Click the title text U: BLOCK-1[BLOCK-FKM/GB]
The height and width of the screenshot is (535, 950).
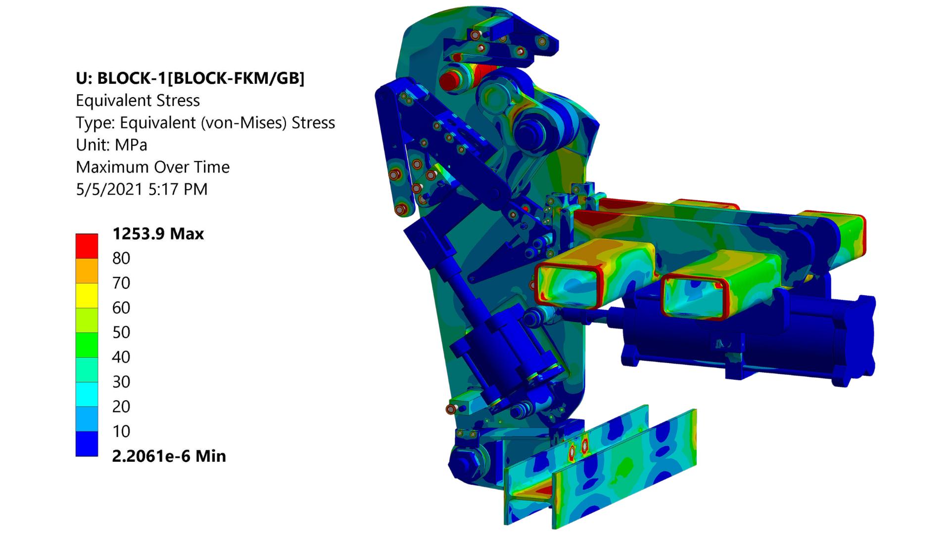click(190, 78)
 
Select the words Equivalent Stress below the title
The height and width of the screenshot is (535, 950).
click(138, 101)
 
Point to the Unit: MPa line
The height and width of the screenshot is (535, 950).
click(111, 145)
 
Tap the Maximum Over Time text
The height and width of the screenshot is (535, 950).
click(152, 167)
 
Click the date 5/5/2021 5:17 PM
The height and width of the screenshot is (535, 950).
click(142, 189)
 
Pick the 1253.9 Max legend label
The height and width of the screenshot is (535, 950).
click(158, 233)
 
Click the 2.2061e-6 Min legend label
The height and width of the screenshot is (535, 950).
click(169, 456)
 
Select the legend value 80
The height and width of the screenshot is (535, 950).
click(121, 258)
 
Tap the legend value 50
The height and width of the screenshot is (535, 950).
click(121, 332)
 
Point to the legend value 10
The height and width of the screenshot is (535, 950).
click(121, 431)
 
